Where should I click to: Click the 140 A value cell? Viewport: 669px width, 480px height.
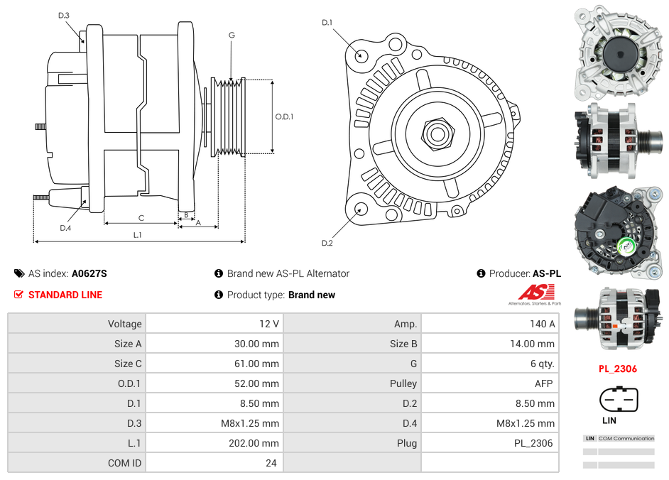[x=542, y=324]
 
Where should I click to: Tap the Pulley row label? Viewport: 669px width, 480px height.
[x=403, y=383]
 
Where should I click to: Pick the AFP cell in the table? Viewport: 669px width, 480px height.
[x=545, y=383]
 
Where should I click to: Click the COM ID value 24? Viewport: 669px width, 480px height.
[x=271, y=463]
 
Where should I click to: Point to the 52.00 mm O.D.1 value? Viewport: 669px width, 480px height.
[x=260, y=383]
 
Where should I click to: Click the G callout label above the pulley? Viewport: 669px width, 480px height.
[x=232, y=36]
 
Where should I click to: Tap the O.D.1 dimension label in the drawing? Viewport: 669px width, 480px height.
[x=284, y=117]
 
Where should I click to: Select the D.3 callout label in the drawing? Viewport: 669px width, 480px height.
[x=64, y=15]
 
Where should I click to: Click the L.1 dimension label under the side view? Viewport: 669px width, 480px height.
[x=137, y=234]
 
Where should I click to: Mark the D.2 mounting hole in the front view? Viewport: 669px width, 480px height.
[x=361, y=209]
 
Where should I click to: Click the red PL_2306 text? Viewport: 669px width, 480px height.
[x=617, y=369]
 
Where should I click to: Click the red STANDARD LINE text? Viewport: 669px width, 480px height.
[x=65, y=295]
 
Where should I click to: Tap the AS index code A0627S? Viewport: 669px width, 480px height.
[x=89, y=273]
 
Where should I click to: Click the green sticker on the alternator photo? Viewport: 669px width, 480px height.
[x=627, y=246]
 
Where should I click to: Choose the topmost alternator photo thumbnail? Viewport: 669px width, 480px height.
[x=619, y=53]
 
